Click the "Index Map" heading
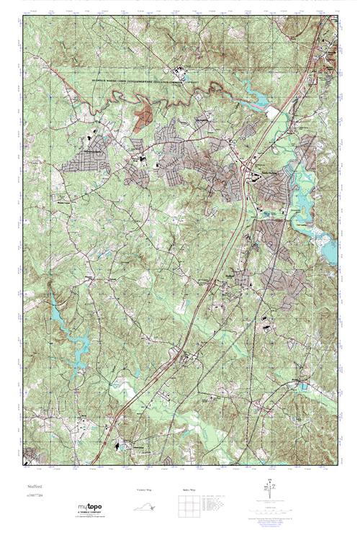point(186,490)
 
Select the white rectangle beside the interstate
point(274,113)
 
